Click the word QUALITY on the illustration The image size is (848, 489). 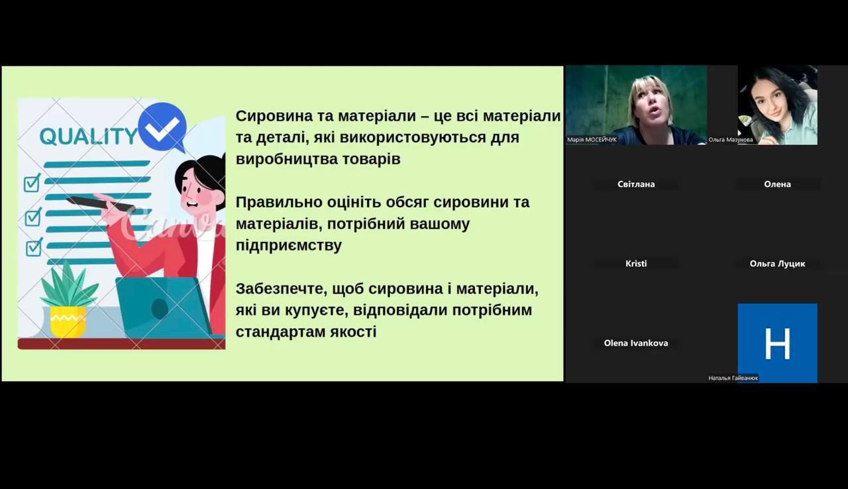pos(88,136)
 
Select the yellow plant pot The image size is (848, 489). pos(68,321)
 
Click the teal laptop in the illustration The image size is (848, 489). pos(163,307)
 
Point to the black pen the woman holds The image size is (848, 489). pos(100,203)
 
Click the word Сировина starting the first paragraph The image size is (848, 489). pos(270,116)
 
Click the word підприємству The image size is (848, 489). pos(288,246)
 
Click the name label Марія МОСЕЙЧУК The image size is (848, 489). pos(592,140)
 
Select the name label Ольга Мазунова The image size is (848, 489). pos(731,140)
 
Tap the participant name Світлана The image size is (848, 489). pos(636,184)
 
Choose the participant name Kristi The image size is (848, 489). pos(636,264)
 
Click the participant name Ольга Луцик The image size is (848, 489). pos(777,264)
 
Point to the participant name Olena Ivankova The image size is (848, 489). pos(636,343)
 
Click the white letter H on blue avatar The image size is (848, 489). pos(778,344)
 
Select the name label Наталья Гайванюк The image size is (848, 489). pos(733,378)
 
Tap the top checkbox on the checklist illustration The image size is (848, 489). pos(32,183)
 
